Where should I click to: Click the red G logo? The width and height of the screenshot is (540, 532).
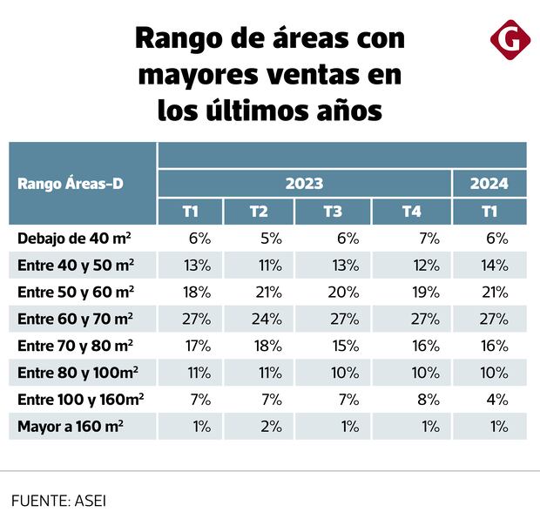507,42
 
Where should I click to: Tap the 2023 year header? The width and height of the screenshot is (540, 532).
304,184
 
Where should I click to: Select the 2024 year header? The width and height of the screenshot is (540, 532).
489,184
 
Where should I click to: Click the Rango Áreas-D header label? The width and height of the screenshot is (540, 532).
70,184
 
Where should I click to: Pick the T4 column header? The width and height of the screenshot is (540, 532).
412,212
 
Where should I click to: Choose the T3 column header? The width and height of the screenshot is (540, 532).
333,212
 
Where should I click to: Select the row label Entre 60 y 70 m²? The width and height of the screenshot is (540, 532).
76,319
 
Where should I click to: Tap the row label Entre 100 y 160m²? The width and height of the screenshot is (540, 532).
80,400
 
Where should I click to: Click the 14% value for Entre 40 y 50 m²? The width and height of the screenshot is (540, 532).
495,265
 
